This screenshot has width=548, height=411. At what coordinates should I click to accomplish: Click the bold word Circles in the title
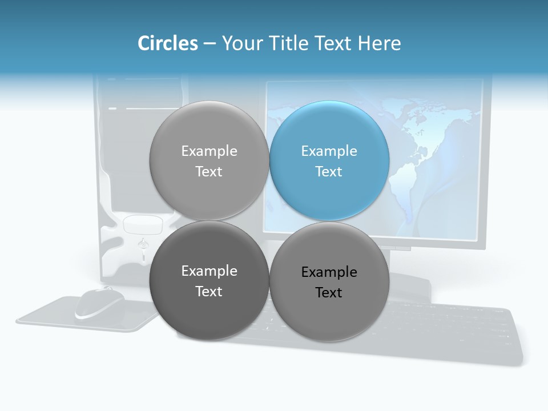pyautogui.click(x=167, y=43)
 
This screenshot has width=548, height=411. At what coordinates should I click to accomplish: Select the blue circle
pyautogui.click(x=329, y=160)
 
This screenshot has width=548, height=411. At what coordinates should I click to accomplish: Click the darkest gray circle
pyautogui.click(x=209, y=281)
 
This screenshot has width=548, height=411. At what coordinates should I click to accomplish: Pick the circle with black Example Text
pyautogui.click(x=329, y=282)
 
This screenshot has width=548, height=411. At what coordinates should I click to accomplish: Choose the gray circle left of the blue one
pyautogui.click(x=209, y=160)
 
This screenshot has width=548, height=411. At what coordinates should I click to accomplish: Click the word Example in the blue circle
pyautogui.click(x=329, y=151)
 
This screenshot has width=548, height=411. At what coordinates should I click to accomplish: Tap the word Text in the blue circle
pyautogui.click(x=329, y=172)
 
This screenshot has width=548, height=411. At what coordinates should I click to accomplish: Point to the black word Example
pyautogui.click(x=329, y=272)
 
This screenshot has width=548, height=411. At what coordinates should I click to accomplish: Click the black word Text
pyautogui.click(x=329, y=293)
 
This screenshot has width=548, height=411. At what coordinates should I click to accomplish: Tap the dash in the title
pyautogui.click(x=209, y=44)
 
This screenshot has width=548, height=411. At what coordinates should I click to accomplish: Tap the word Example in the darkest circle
pyautogui.click(x=209, y=271)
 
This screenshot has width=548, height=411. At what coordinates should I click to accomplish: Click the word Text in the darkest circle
pyautogui.click(x=209, y=292)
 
